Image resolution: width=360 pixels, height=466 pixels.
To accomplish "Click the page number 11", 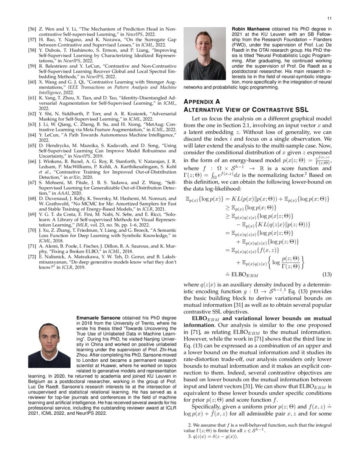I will tap(329, 19).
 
